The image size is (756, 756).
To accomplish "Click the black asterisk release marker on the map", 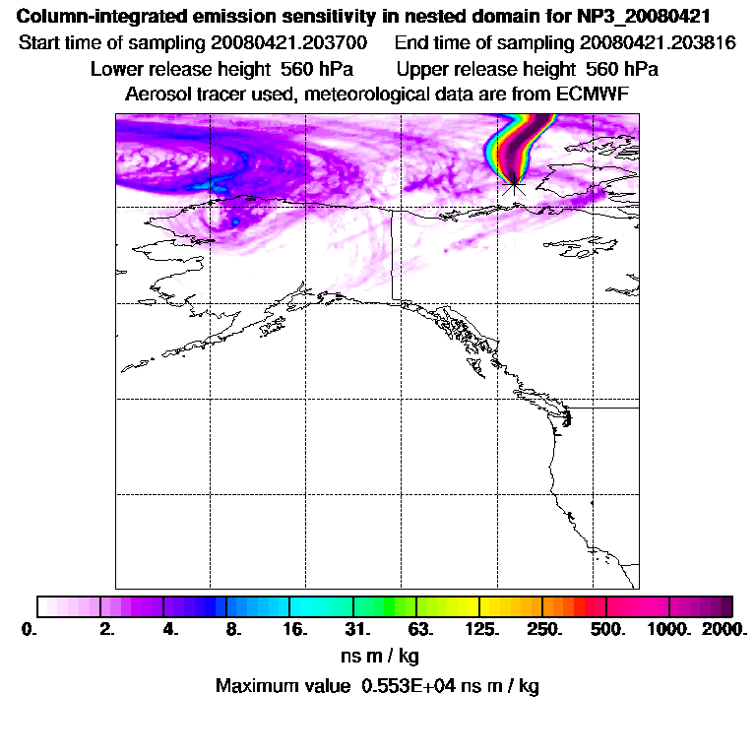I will [513, 182].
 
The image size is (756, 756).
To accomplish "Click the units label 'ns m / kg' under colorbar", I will [377, 656].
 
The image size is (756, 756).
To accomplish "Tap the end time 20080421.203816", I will [660, 43].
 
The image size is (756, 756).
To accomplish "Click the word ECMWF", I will [592, 94].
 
